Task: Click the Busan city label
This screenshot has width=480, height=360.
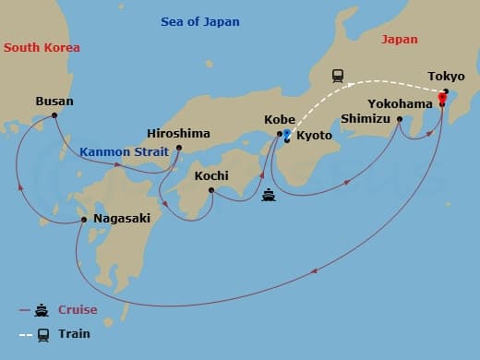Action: (x=54, y=102)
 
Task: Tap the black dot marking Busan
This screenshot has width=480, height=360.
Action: (x=54, y=115)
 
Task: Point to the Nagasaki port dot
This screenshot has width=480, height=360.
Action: (x=84, y=220)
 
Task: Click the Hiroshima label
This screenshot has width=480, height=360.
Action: (x=179, y=133)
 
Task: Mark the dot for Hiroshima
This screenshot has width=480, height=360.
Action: (x=179, y=147)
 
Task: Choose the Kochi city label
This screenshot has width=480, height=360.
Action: (x=211, y=175)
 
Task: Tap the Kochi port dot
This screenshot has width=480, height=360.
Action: (x=211, y=190)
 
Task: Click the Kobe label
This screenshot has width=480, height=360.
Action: (x=280, y=120)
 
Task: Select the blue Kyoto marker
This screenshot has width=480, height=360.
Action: (x=287, y=137)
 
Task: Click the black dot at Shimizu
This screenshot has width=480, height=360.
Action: (x=400, y=119)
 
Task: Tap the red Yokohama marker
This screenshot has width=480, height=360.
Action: (x=441, y=103)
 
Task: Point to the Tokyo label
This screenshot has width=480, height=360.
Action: (x=447, y=77)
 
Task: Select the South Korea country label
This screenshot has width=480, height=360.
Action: (x=42, y=47)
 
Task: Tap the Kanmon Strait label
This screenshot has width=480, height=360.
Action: (x=116, y=151)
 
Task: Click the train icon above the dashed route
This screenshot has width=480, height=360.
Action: (x=338, y=76)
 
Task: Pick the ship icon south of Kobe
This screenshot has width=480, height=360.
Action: (x=269, y=195)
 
